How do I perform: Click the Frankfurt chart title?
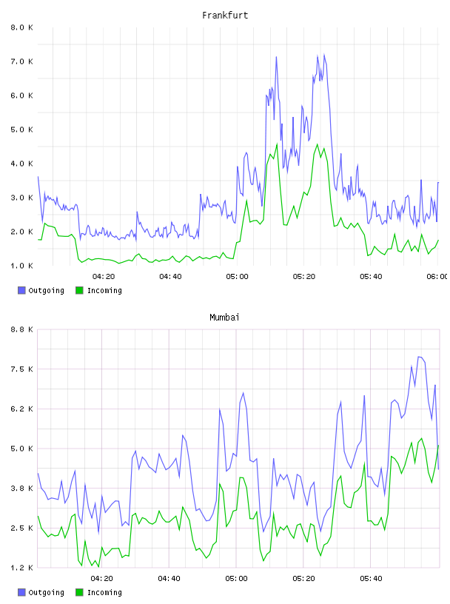click(225, 15)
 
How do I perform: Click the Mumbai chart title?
click(224, 317)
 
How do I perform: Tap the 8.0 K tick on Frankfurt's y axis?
click(21, 27)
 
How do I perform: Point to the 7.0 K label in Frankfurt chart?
click(21, 61)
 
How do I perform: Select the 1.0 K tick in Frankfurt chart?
click(21, 266)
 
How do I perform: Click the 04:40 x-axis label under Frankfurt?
click(170, 276)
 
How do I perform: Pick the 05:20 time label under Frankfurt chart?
click(304, 276)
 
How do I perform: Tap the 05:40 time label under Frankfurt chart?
click(371, 276)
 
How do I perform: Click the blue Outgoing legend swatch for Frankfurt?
click(21, 290)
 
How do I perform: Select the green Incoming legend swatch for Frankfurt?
click(79, 290)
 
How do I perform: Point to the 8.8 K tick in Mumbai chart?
click(21, 329)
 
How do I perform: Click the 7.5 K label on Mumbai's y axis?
click(21, 369)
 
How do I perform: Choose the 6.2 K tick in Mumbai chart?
click(21, 409)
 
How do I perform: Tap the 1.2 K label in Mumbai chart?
click(21, 568)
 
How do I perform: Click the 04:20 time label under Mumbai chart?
click(101, 578)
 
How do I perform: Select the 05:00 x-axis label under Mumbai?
click(237, 578)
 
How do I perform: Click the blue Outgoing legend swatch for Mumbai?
click(21, 592)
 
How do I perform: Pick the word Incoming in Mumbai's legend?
click(104, 592)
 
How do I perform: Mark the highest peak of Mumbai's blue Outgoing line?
click(420, 357)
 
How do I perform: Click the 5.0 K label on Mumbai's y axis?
click(21, 449)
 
